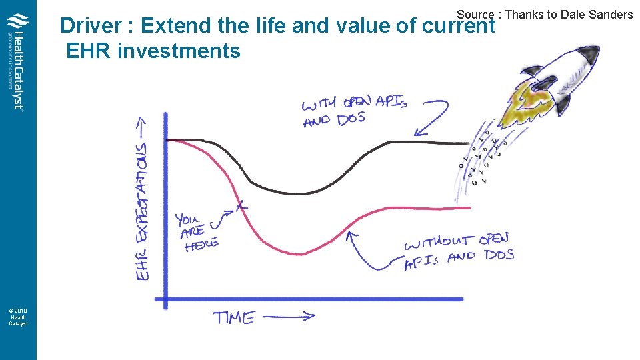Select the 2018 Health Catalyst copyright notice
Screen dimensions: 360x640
(x=18, y=316)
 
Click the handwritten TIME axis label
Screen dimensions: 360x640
(x=234, y=317)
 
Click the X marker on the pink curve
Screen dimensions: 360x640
(x=241, y=207)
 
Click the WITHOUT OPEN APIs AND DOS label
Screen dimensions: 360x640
(x=458, y=251)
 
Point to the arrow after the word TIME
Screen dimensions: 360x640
(x=288, y=317)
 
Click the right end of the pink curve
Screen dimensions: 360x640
(x=469, y=208)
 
